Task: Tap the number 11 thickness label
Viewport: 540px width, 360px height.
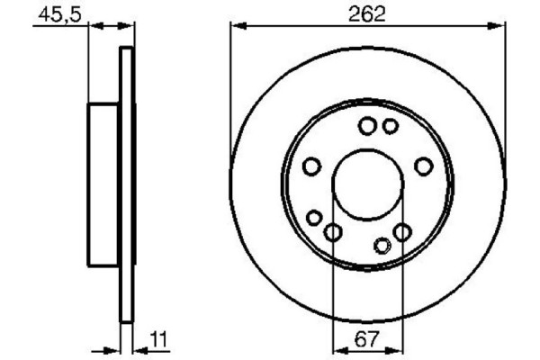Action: [158, 339]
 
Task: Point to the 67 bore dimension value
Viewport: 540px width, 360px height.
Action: [368, 339]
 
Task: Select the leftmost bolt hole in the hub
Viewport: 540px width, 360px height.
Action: [311, 166]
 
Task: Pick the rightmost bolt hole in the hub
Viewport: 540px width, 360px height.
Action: [423, 166]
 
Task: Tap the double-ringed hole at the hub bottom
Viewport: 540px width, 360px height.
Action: [382, 245]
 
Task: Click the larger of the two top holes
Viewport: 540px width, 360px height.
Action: [367, 126]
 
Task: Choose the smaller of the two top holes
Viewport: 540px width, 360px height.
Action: [389, 126]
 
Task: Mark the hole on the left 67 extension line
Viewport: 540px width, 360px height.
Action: [333, 233]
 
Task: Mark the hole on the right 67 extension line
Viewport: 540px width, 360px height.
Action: [402, 233]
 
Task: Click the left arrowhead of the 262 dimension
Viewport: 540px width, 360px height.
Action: [237, 26]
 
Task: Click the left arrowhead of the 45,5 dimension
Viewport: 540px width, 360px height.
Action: [94, 26]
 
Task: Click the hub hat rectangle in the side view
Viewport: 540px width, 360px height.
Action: [104, 184]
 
